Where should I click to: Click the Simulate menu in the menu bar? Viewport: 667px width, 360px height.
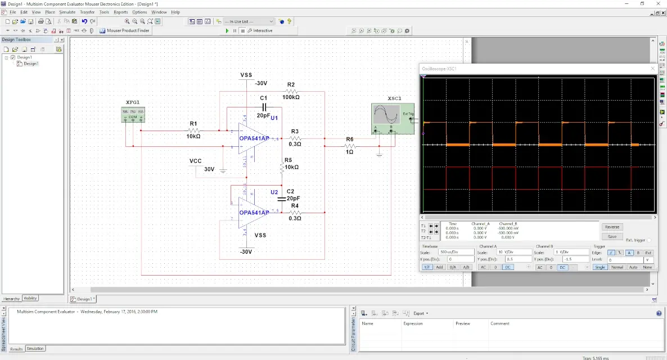[67, 12]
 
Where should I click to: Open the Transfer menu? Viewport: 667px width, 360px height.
[87, 12]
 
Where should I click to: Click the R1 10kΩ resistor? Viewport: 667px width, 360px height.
[193, 130]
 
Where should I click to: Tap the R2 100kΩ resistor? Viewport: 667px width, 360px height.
[291, 91]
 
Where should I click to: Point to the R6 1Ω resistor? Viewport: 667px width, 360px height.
[349, 146]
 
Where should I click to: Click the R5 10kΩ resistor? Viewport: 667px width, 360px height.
[283, 167]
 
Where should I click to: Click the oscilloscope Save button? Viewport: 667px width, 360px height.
[612, 236]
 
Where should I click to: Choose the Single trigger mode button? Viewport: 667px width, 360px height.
[600, 267]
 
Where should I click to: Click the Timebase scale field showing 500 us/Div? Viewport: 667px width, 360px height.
[456, 252]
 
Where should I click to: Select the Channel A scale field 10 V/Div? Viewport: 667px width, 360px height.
[513, 252]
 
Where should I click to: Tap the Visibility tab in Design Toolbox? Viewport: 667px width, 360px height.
[30, 298]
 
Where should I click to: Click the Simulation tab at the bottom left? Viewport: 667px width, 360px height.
[35, 349]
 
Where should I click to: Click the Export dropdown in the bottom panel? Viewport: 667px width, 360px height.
[420, 313]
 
